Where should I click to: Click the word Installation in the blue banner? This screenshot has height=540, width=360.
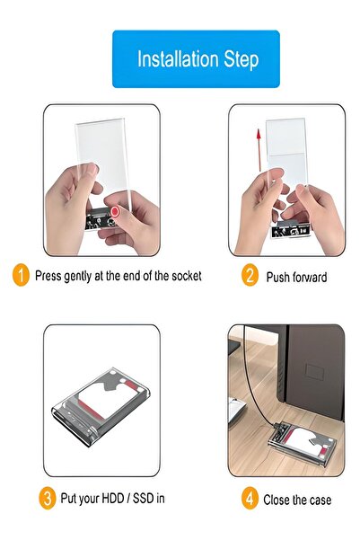[x=179, y=59]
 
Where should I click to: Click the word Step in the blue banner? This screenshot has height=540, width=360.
[x=241, y=60]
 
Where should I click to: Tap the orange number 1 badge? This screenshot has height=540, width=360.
[x=21, y=275]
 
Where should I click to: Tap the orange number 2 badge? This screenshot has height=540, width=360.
[x=250, y=275]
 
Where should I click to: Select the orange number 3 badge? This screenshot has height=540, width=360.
[x=48, y=498]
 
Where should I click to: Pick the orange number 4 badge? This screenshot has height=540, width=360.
[x=250, y=498]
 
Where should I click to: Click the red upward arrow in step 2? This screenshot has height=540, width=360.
[x=259, y=150]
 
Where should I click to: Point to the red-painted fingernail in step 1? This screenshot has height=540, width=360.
[x=115, y=211]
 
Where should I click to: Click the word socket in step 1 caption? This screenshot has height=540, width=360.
[x=187, y=276]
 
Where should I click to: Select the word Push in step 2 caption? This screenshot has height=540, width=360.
[x=277, y=278]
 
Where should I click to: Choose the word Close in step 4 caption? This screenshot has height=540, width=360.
[x=276, y=500]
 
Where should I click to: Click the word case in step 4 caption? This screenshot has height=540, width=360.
[x=320, y=500]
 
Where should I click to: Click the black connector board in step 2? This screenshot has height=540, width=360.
[x=291, y=230]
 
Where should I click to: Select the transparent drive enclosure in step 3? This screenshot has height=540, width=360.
[x=101, y=407]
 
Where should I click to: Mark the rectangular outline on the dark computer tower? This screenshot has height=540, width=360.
[x=315, y=372]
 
